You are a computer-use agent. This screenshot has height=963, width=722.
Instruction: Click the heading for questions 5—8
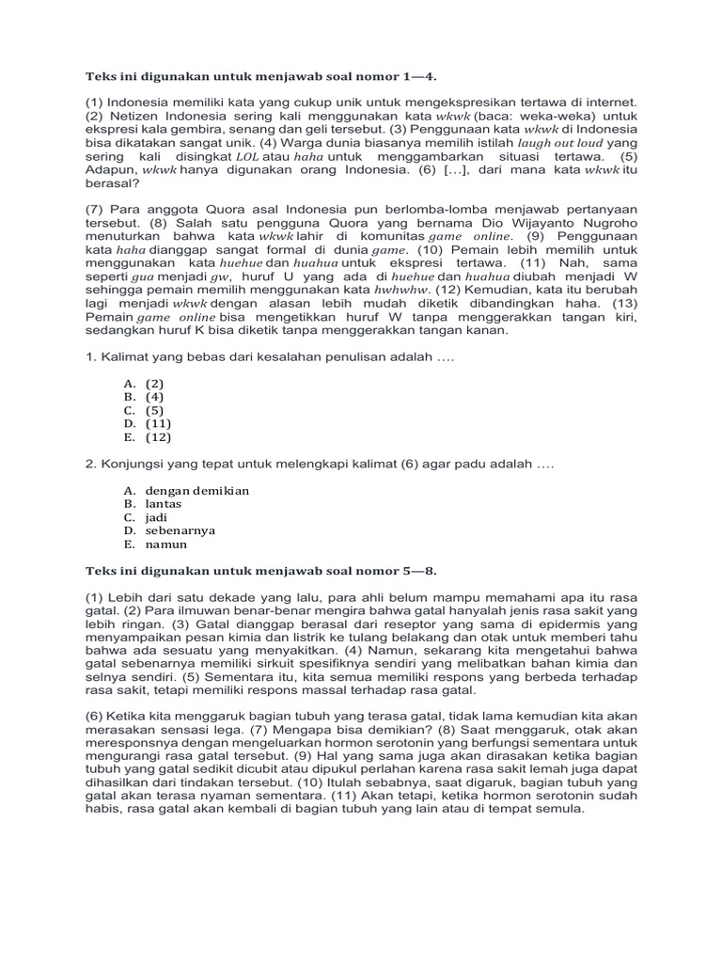point(254,569)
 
